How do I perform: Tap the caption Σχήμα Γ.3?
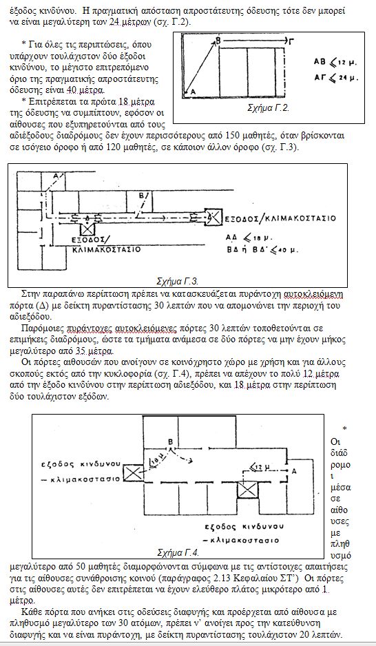(178, 282)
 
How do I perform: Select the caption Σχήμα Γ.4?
(178, 552)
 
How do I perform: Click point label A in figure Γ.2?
(193, 93)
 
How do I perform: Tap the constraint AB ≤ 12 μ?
(335, 63)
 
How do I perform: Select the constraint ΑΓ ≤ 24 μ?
(335, 77)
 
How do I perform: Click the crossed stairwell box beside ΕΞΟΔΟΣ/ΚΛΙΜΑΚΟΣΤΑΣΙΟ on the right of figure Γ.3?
(213, 216)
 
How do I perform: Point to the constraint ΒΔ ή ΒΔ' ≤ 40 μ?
(262, 250)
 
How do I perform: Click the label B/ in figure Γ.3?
(141, 196)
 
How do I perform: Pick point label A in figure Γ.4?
(293, 470)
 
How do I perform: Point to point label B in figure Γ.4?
(169, 442)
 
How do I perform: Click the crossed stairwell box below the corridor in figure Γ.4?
(247, 490)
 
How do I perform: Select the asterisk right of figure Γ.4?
(344, 429)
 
